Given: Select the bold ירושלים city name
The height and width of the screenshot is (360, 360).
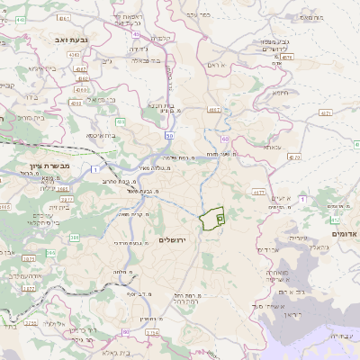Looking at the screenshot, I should tap(169, 241).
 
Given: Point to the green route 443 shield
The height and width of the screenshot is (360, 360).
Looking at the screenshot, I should tap(119, 121).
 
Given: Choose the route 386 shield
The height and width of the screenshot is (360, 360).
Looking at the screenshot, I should tap(75, 237).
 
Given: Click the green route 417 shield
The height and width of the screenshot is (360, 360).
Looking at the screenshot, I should tap(335, 219).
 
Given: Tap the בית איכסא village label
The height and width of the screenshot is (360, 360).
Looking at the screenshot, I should tap(102, 135).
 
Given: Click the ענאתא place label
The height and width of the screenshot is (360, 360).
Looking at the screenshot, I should tap(272, 145).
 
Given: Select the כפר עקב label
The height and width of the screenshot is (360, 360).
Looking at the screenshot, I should tap(197, 15).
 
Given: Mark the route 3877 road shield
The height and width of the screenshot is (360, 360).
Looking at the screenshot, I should tap(28, 288).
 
